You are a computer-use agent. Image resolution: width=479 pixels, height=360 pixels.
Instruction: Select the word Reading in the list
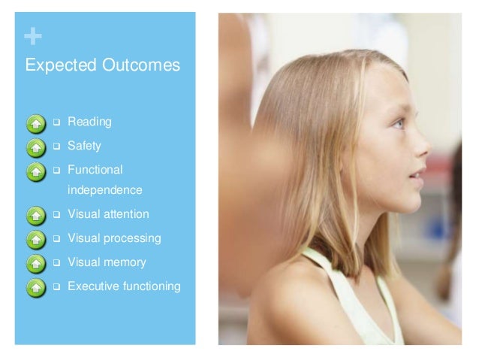89,122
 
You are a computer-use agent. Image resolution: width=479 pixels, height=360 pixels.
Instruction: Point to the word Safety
84,145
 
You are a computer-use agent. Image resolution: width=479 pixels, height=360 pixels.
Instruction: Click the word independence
104,191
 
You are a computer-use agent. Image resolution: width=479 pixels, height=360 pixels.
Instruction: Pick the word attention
125,214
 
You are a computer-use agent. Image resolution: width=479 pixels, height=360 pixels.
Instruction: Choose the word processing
131,238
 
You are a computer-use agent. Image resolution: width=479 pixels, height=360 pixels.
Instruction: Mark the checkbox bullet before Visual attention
56,215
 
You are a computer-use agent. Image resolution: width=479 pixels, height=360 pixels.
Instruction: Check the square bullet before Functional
56,169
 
